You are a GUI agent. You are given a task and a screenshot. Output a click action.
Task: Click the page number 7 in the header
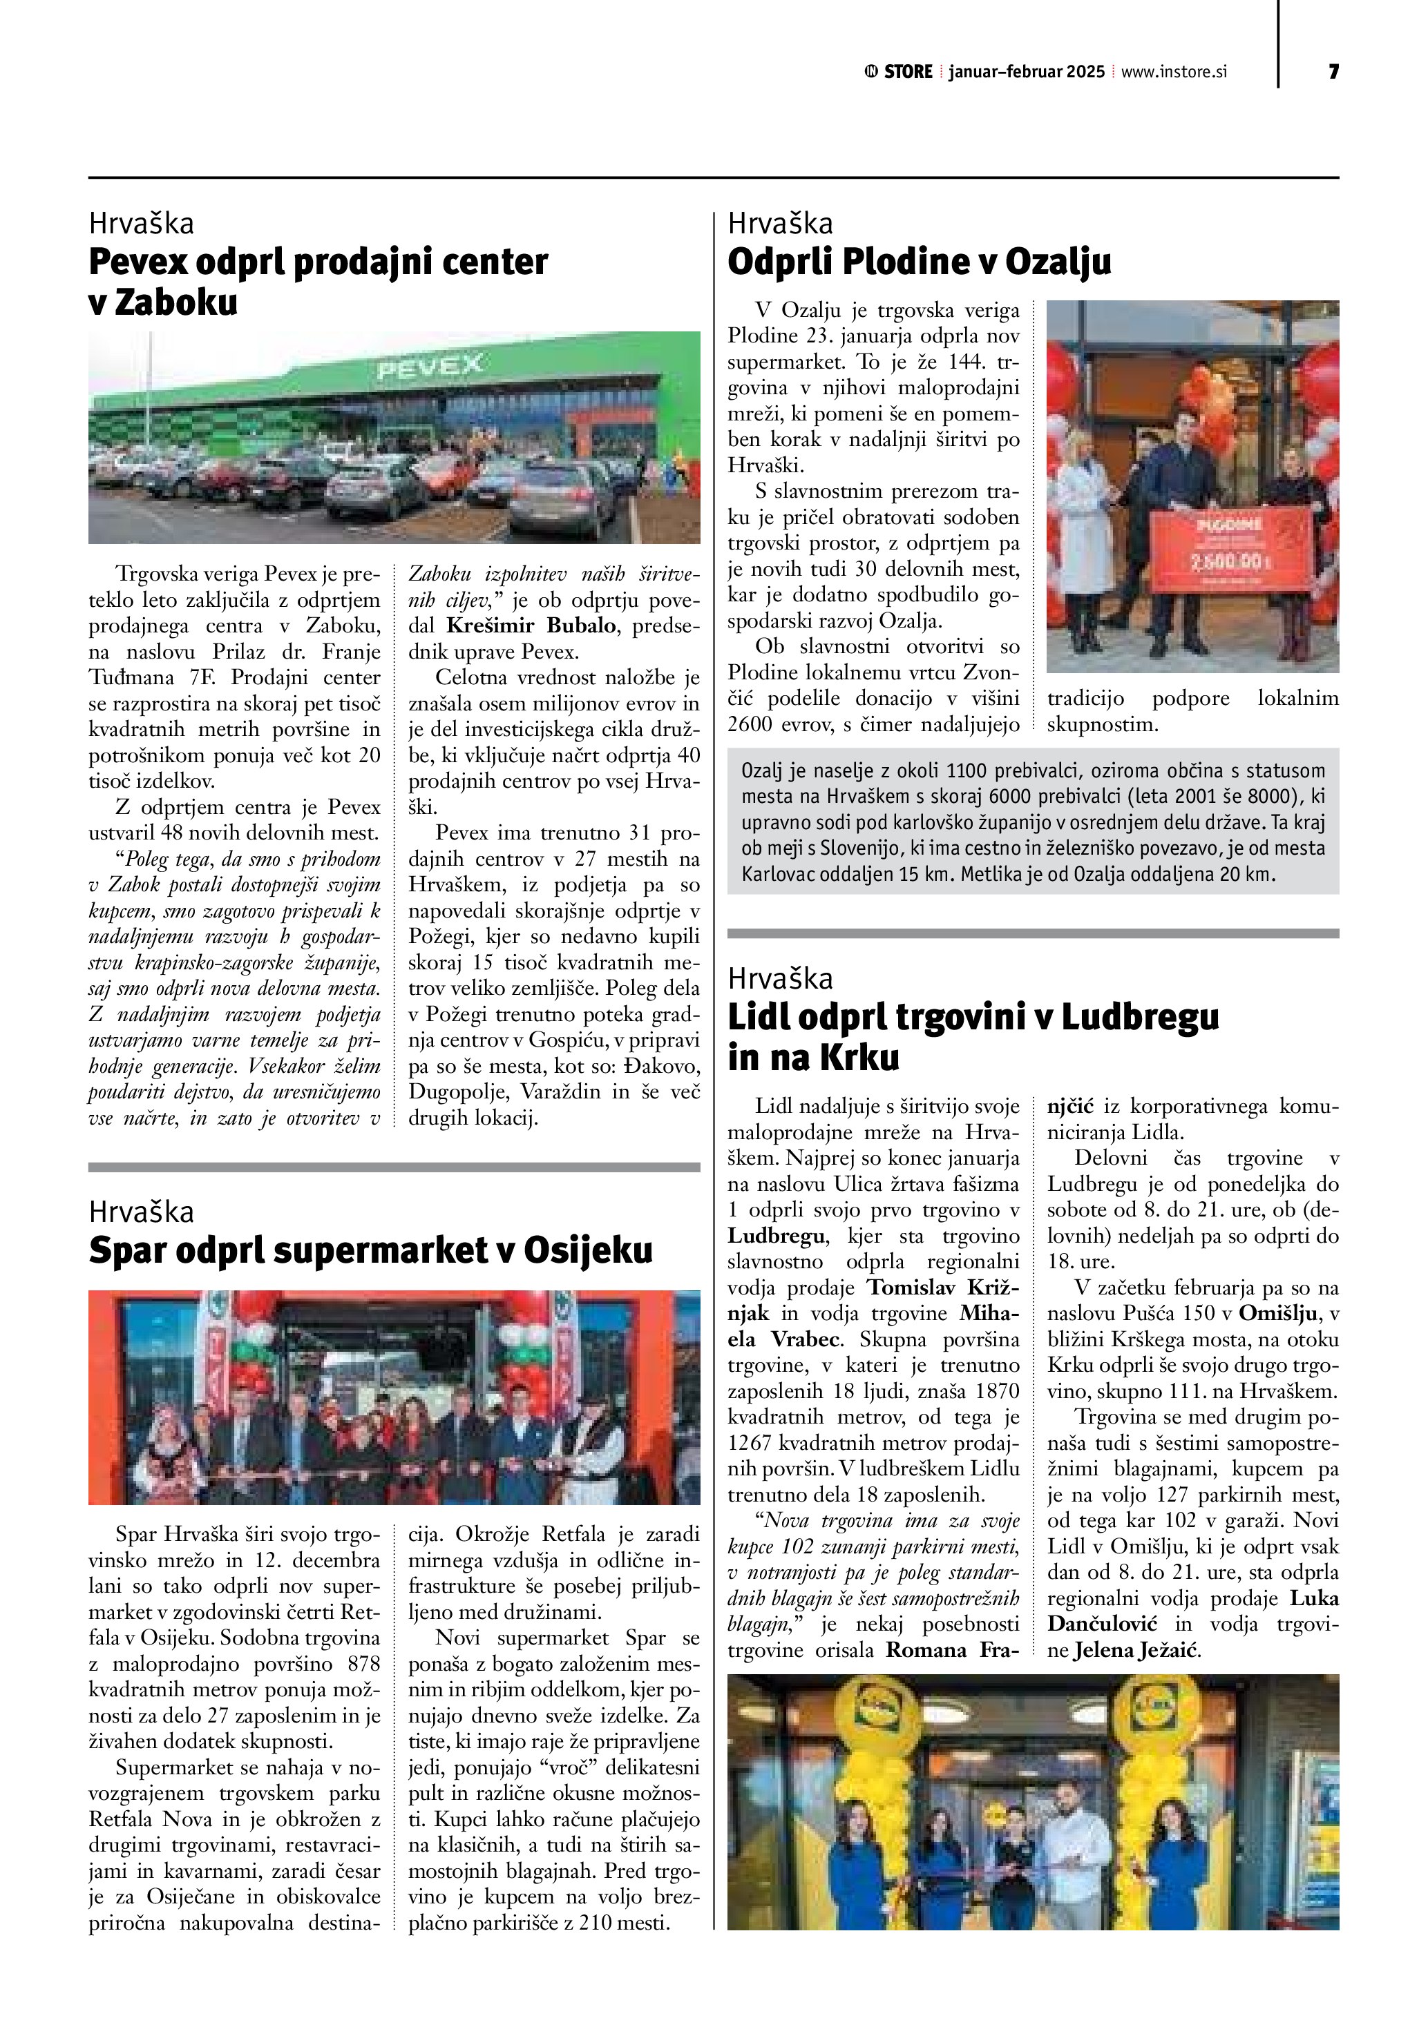pos(1333,72)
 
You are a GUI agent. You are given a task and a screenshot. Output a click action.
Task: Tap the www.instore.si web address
pos(1173,72)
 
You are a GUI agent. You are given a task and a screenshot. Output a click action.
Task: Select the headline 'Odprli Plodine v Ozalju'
pos(919,262)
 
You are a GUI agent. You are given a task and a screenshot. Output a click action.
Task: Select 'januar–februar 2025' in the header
pos(1026,72)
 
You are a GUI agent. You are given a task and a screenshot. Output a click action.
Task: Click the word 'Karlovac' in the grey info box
pos(777,875)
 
